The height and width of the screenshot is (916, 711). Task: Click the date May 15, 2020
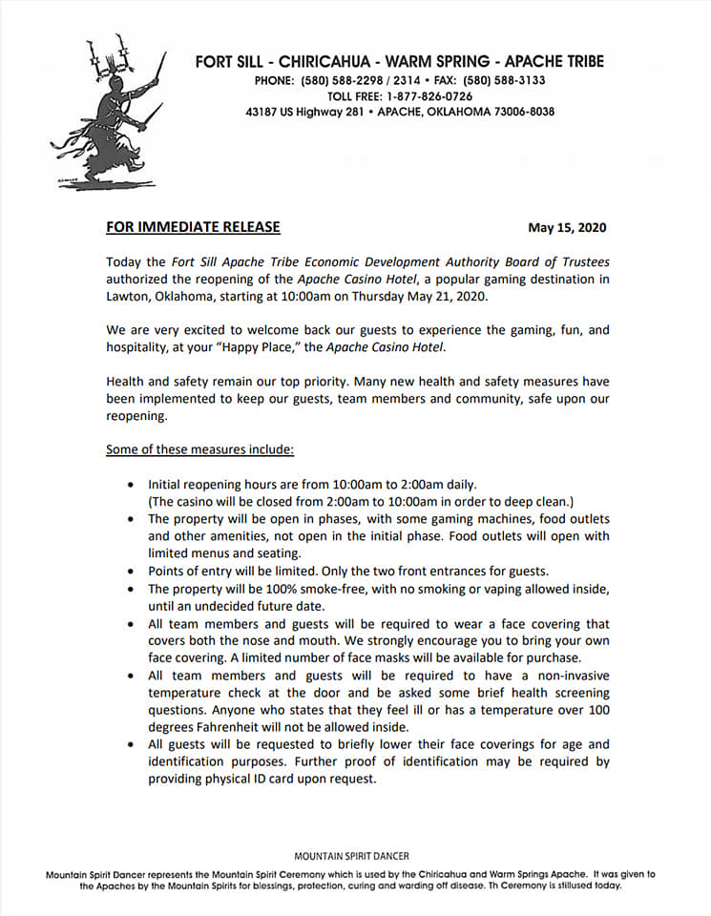567,228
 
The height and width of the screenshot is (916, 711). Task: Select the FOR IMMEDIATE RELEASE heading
193,227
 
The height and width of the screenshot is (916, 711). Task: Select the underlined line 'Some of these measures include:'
200,449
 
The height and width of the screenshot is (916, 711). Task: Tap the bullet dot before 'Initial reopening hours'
130,486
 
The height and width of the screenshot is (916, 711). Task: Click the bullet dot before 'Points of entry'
130,572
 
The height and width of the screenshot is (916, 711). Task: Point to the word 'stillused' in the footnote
562,885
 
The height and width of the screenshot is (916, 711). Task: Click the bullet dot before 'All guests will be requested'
130,744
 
